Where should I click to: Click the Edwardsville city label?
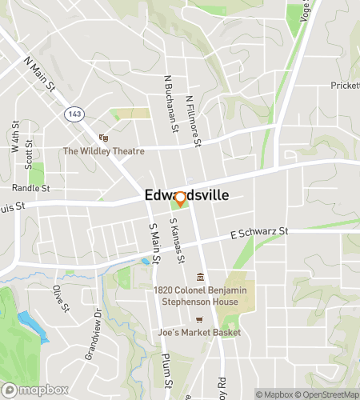tap(186, 194)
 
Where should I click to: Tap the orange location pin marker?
tap(180, 199)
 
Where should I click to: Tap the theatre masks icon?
tap(102, 138)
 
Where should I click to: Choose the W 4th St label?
tap(15, 136)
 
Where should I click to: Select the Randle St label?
tap(30, 188)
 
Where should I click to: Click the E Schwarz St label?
tap(258, 232)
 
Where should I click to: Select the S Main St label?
tap(154, 238)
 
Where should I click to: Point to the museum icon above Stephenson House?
tap(200, 278)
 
